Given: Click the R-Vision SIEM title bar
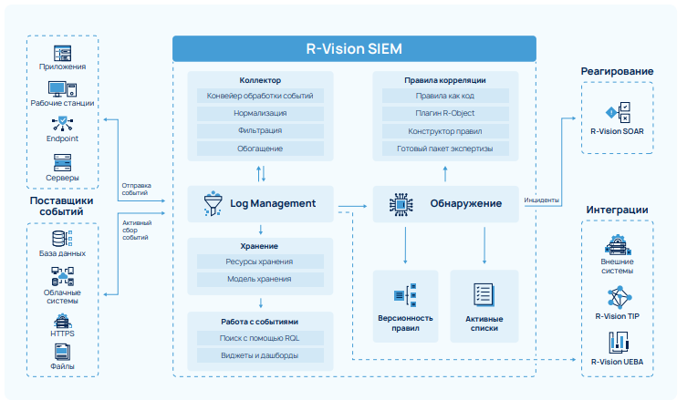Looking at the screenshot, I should pyautogui.click(x=354, y=49).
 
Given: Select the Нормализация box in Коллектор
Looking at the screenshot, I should pyautogui.click(x=260, y=113).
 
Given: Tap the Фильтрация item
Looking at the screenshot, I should pyautogui.click(x=260, y=130).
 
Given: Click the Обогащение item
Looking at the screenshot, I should pyautogui.click(x=260, y=148).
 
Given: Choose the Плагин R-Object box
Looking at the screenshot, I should pyautogui.click(x=444, y=113).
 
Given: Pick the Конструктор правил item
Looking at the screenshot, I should pyautogui.click(x=444, y=130).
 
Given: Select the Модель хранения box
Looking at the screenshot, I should pyautogui.click(x=260, y=279).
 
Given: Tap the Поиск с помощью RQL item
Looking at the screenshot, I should pyautogui.click(x=260, y=338).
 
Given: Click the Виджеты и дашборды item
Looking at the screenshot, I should pyautogui.click(x=260, y=355).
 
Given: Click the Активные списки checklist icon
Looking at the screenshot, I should pyautogui.click(x=484, y=294).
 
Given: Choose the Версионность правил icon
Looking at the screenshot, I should pyautogui.click(x=404, y=294).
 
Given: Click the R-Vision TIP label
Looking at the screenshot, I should pyautogui.click(x=617, y=316).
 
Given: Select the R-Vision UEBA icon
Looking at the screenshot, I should pyautogui.click(x=617, y=343).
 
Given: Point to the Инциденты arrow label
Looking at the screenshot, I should pyautogui.click(x=542, y=200).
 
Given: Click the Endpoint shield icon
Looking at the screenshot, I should pyautogui.click(x=63, y=123).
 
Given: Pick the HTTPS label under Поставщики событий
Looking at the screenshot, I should pyautogui.click(x=63, y=333).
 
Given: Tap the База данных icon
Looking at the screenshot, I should pyautogui.click(x=63, y=239).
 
